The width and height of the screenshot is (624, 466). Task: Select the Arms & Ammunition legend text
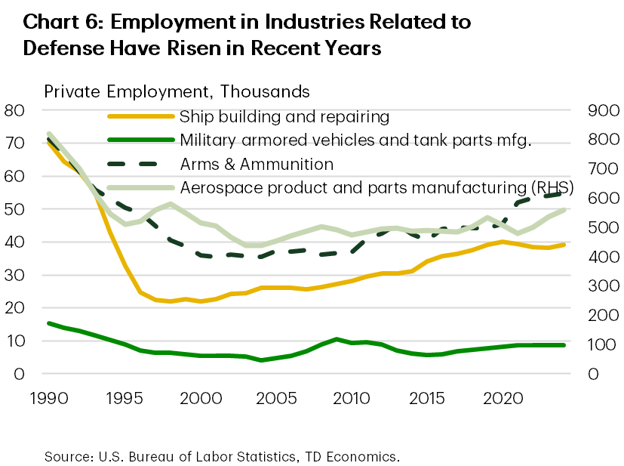coord(257,163)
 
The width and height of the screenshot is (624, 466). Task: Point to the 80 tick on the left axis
coord(14,110)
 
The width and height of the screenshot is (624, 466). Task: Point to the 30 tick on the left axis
coord(14,275)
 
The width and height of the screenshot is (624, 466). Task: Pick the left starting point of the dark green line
coord(48,323)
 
